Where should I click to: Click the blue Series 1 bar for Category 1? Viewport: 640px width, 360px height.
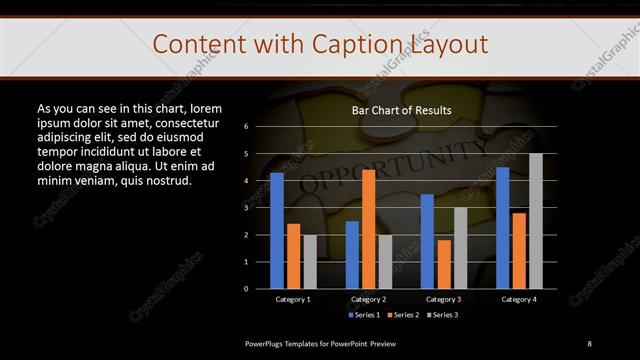coord(277,231)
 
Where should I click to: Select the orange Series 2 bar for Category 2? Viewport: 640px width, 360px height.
coord(368,229)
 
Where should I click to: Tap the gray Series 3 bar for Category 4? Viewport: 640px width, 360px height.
coord(535,221)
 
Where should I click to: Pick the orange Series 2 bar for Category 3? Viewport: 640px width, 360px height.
coord(443,264)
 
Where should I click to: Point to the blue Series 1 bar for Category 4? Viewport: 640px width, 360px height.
coord(502,228)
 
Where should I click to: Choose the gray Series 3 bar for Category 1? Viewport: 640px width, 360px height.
coord(310,262)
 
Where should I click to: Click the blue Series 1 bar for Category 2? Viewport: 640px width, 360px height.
coord(352,255)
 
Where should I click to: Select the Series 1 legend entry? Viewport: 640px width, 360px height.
coord(364,315)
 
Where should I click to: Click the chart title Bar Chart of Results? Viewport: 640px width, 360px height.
coord(401,110)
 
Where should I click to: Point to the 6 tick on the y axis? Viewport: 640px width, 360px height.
coord(246,127)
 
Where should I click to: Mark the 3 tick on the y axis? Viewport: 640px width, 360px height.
coord(246,208)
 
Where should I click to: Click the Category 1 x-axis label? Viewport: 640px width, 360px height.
coord(293,299)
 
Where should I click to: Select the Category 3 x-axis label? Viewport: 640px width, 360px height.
coord(443,299)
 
